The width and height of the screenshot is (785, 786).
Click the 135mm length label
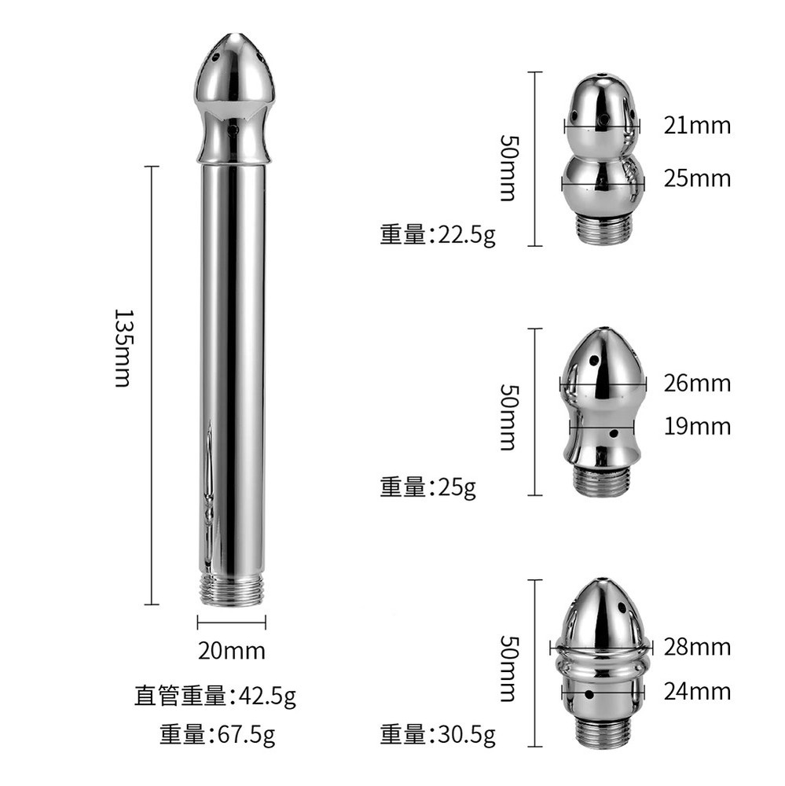click(x=123, y=347)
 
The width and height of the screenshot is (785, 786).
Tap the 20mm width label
click(x=231, y=651)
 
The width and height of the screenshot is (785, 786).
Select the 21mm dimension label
click(x=697, y=125)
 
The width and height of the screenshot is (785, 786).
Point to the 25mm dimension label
click(x=697, y=178)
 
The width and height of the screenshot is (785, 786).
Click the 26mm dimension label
click(x=697, y=384)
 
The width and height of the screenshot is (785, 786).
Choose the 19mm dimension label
click(x=697, y=426)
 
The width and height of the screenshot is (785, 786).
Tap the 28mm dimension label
click(x=697, y=647)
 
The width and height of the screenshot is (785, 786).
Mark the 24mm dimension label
click(x=697, y=691)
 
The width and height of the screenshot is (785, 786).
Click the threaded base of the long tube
click(x=232, y=589)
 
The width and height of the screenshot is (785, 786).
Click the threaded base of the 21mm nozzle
click(x=602, y=230)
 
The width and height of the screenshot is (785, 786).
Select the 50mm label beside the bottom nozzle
click(x=508, y=668)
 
